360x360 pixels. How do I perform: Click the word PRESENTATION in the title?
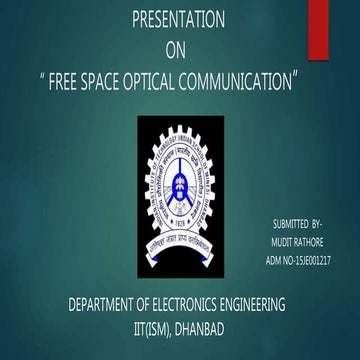click(x=179, y=20)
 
